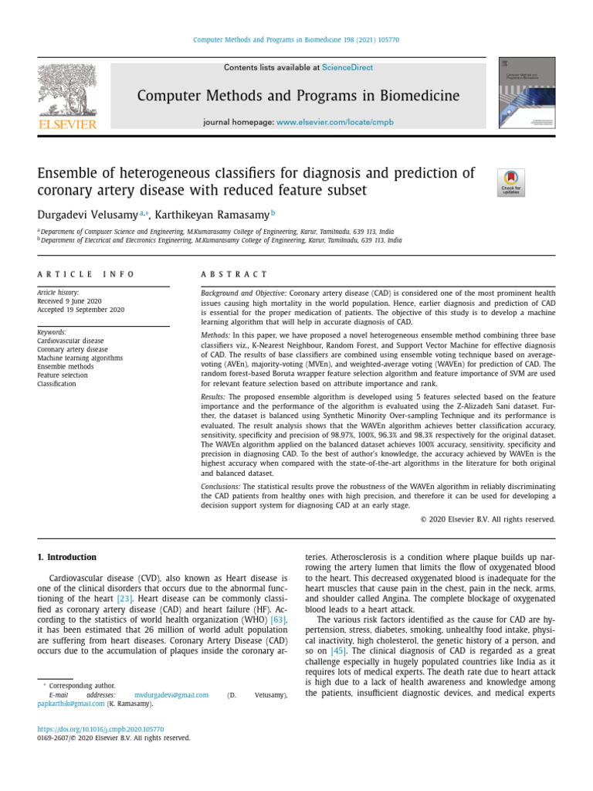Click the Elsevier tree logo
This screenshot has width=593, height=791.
67,97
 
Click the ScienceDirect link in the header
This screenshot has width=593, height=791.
347,68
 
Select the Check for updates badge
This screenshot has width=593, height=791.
510,183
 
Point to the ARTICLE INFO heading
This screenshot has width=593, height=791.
86,274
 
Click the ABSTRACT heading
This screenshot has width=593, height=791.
234,274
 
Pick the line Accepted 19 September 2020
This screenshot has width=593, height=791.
80,310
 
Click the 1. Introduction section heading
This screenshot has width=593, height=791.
67,557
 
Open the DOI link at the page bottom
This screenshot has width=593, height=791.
100,728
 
